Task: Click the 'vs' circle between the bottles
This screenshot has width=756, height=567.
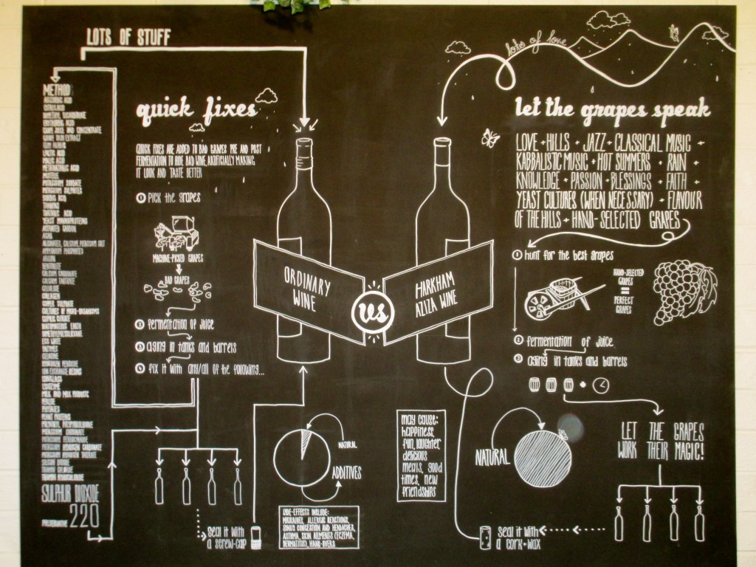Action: (372, 312)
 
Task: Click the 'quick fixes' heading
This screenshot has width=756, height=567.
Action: (196, 111)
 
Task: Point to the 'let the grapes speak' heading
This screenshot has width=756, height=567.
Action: (612, 111)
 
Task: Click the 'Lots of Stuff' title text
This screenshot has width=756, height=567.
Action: (119, 37)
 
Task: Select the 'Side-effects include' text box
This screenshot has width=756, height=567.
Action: (319, 527)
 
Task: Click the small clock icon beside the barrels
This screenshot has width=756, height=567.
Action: (601, 385)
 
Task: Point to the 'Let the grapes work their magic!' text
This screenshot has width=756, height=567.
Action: (661, 441)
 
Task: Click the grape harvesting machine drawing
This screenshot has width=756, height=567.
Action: (176, 236)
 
